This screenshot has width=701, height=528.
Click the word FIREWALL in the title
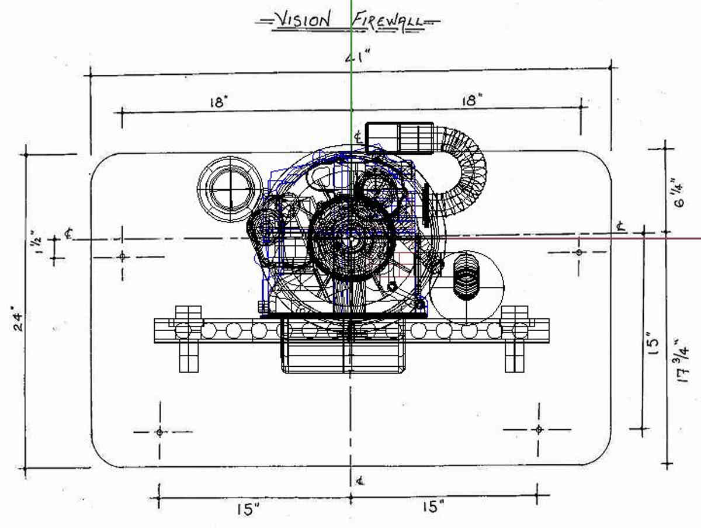click(388, 21)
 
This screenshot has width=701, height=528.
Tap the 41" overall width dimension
click(358, 57)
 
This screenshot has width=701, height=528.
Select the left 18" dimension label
click(220, 102)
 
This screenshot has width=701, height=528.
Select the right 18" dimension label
click(472, 100)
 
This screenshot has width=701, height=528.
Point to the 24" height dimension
click(18, 321)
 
